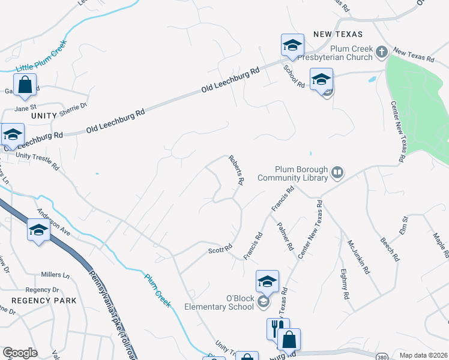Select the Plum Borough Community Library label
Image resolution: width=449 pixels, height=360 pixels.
294,173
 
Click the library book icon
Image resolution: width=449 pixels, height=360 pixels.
337,173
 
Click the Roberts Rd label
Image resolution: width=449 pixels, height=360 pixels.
236,170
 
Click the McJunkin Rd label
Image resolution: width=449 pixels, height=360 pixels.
358,256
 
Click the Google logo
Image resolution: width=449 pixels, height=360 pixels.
20,353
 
